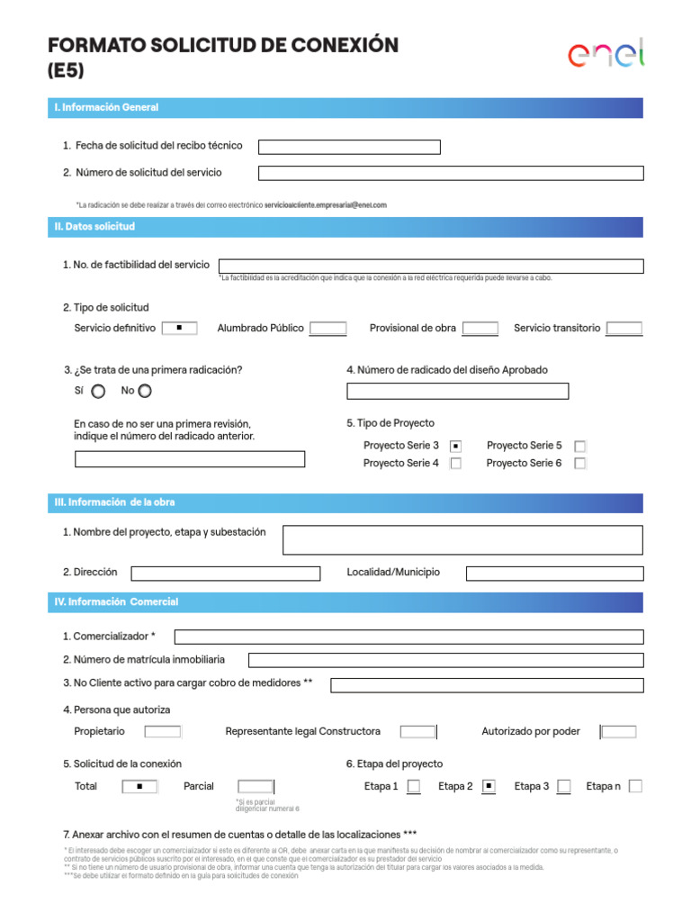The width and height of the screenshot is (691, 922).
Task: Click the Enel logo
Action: coord(606,55)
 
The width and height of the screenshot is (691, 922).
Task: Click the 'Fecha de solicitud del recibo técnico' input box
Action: coord(349,147)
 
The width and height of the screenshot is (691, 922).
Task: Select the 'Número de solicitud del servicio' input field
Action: coord(451,173)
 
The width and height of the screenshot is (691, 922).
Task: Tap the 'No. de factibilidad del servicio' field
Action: coord(431,266)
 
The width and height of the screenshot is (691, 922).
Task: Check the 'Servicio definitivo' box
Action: coord(180,328)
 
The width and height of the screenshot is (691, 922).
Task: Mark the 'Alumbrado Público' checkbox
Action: coord(328,329)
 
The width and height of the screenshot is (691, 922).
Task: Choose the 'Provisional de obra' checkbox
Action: coord(480,329)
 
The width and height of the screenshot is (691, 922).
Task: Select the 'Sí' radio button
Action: coord(98,391)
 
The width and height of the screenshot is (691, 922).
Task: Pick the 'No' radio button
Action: coord(146,391)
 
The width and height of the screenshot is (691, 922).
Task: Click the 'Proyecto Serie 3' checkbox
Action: coord(456,446)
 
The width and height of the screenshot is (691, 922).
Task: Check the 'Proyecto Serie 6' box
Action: coord(580,464)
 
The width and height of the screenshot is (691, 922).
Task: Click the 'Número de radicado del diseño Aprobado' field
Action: coord(457,391)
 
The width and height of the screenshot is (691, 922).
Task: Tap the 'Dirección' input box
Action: coord(225,574)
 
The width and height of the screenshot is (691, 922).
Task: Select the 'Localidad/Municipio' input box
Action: coord(554,574)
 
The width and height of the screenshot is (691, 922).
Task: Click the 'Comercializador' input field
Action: coord(408,637)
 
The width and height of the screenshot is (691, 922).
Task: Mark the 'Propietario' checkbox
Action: coord(163,732)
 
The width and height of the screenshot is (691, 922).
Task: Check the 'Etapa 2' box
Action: coord(489,786)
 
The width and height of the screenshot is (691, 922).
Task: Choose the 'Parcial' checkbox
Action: coord(256,786)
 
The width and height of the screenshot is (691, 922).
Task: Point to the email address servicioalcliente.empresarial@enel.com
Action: coord(326,205)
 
